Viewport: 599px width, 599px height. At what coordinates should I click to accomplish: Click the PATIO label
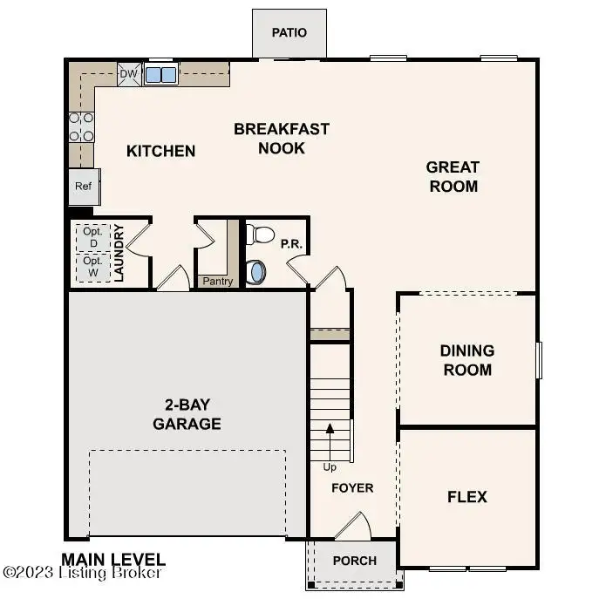289,32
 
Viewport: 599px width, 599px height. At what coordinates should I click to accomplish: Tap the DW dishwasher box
129,74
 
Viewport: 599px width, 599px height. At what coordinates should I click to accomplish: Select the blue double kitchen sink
160,74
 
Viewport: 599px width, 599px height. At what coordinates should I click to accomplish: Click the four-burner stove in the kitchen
81,127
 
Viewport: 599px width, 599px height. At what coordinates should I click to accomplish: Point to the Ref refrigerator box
84,187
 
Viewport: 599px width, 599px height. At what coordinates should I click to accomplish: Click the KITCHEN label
160,152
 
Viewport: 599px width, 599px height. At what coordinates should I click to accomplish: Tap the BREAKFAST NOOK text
282,139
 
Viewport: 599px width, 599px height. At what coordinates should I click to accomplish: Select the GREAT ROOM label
453,177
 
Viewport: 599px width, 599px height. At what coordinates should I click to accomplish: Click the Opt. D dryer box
93,238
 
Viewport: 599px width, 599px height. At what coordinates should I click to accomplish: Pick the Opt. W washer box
93,268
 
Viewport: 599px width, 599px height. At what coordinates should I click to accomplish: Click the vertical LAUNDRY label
119,253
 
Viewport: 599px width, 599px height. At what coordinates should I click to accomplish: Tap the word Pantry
218,281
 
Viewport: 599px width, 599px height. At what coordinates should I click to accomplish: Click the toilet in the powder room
260,235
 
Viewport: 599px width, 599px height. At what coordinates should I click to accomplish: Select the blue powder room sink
255,272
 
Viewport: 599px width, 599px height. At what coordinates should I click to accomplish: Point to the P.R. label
291,244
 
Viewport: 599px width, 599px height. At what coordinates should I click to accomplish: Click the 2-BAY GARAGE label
187,414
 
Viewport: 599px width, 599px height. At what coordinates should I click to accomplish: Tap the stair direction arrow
330,442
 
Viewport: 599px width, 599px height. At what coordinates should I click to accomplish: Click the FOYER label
352,488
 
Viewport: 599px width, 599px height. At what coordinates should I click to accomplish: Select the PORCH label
355,561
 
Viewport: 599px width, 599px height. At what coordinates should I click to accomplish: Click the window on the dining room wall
539,360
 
